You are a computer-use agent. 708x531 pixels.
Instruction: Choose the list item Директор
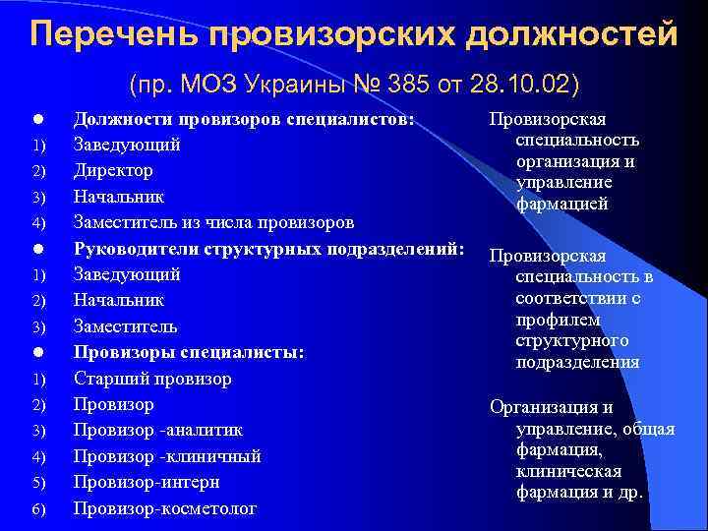point(113,170)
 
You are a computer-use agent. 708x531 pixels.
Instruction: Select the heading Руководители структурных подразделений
point(268,248)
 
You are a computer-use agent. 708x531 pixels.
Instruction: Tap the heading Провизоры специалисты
point(189,352)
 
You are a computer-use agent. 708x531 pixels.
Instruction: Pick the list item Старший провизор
point(152,379)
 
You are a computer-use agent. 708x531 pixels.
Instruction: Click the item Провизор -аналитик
point(158,431)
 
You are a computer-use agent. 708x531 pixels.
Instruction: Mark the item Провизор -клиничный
point(167,456)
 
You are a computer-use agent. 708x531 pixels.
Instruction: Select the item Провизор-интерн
point(147,483)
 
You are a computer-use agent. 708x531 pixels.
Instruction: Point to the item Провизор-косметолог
point(164,508)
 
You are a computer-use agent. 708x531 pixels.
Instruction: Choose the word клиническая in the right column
point(567,471)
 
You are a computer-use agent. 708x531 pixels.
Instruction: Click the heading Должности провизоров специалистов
point(243,118)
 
